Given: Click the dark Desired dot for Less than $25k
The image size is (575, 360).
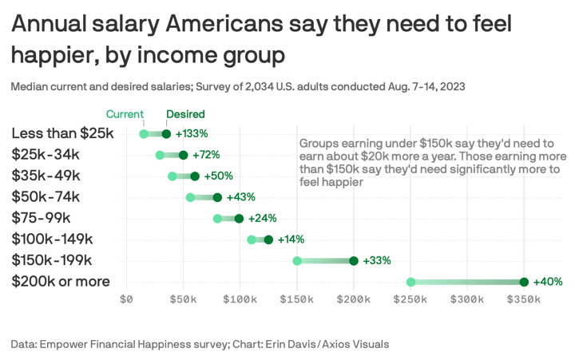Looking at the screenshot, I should pyautogui.click(x=166, y=134).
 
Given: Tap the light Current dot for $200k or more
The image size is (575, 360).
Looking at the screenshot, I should pyautogui.click(x=410, y=282).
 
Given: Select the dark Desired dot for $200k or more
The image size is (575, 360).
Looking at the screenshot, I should pyautogui.click(x=524, y=282).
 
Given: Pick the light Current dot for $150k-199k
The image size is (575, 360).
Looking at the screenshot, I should pyautogui.click(x=297, y=261).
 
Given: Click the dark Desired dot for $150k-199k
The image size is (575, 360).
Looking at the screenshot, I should pyautogui.click(x=354, y=261).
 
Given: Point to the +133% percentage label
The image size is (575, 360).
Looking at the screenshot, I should pyautogui.click(x=192, y=134).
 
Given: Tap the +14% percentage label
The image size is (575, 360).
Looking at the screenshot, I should pyautogui.click(x=291, y=239).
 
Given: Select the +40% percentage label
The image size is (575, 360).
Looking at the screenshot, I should pyautogui.click(x=549, y=282).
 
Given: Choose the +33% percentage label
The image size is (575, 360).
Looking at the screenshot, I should pyautogui.click(x=377, y=261).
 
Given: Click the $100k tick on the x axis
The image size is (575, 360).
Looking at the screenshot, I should pyautogui.click(x=239, y=300).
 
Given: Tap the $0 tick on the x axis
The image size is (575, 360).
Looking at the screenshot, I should pyautogui.click(x=126, y=300).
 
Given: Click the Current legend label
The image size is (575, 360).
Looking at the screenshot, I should pyautogui.click(x=125, y=114).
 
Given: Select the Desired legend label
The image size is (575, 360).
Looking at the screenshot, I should pyautogui.click(x=185, y=114).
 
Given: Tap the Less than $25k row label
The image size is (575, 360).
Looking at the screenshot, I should pyautogui.click(x=63, y=133).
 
